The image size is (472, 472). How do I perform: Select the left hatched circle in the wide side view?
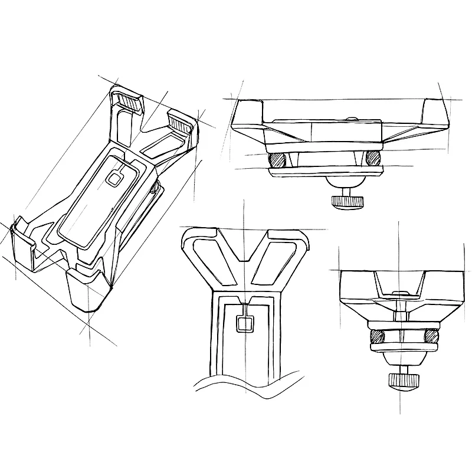tap(277, 160)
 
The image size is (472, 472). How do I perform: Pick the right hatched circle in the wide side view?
tap(372, 158)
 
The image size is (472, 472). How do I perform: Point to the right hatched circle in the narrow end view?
tap(432, 336)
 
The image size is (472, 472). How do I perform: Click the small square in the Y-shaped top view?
tap(244, 323)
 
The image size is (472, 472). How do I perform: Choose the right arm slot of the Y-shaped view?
tap(277, 260)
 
